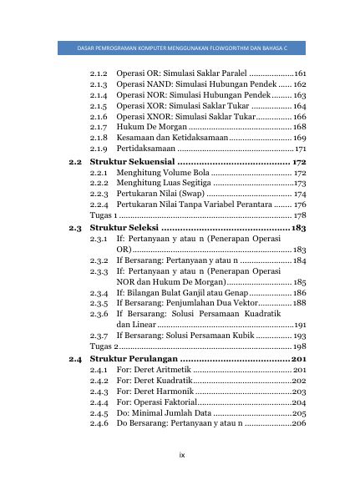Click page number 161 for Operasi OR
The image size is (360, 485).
[300, 73]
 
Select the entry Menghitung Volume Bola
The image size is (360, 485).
[160, 173]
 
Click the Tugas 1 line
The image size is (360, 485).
[104, 215]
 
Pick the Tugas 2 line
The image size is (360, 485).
[104, 346]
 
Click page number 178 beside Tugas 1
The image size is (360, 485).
[300, 215]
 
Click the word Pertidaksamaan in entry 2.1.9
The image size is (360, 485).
[145, 149]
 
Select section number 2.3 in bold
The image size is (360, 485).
[75, 227]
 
